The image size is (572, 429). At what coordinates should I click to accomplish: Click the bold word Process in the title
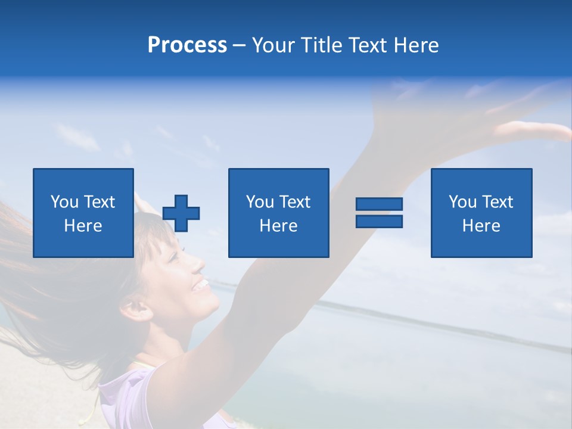point(187,45)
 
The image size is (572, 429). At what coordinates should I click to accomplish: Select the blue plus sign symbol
point(181,213)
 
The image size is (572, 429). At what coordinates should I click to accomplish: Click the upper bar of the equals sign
point(379,204)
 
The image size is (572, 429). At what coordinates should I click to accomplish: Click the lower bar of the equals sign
point(379,222)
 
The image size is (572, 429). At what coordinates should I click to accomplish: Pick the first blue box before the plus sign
point(83,213)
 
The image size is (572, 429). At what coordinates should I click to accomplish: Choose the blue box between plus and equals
point(278,213)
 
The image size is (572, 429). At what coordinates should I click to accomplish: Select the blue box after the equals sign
point(481,213)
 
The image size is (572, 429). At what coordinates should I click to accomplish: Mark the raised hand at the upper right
point(524,128)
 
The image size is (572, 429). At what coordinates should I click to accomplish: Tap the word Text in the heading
point(368,45)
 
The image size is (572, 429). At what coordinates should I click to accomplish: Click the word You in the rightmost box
point(462,202)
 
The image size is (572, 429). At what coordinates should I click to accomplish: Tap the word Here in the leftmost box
point(83,226)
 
